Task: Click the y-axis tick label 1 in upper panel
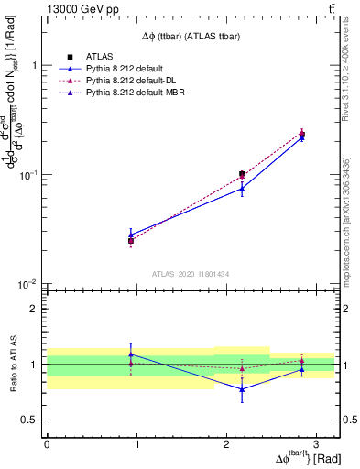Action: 36,66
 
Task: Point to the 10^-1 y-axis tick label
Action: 30,175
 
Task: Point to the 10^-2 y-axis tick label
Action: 30,284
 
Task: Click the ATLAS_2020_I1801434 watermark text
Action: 190,274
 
